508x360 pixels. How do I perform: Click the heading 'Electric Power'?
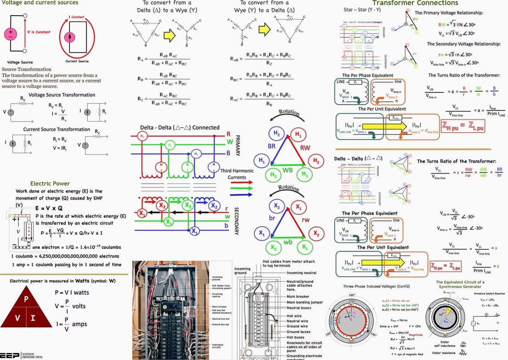(50, 184)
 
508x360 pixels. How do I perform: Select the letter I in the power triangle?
(33, 318)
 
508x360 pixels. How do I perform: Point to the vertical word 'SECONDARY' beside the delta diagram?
(237, 221)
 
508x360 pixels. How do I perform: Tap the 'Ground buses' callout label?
(299, 332)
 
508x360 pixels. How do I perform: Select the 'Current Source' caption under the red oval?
(77, 62)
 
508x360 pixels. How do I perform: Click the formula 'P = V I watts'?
(72, 292)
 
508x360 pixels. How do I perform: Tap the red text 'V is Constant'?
(39, 32)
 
